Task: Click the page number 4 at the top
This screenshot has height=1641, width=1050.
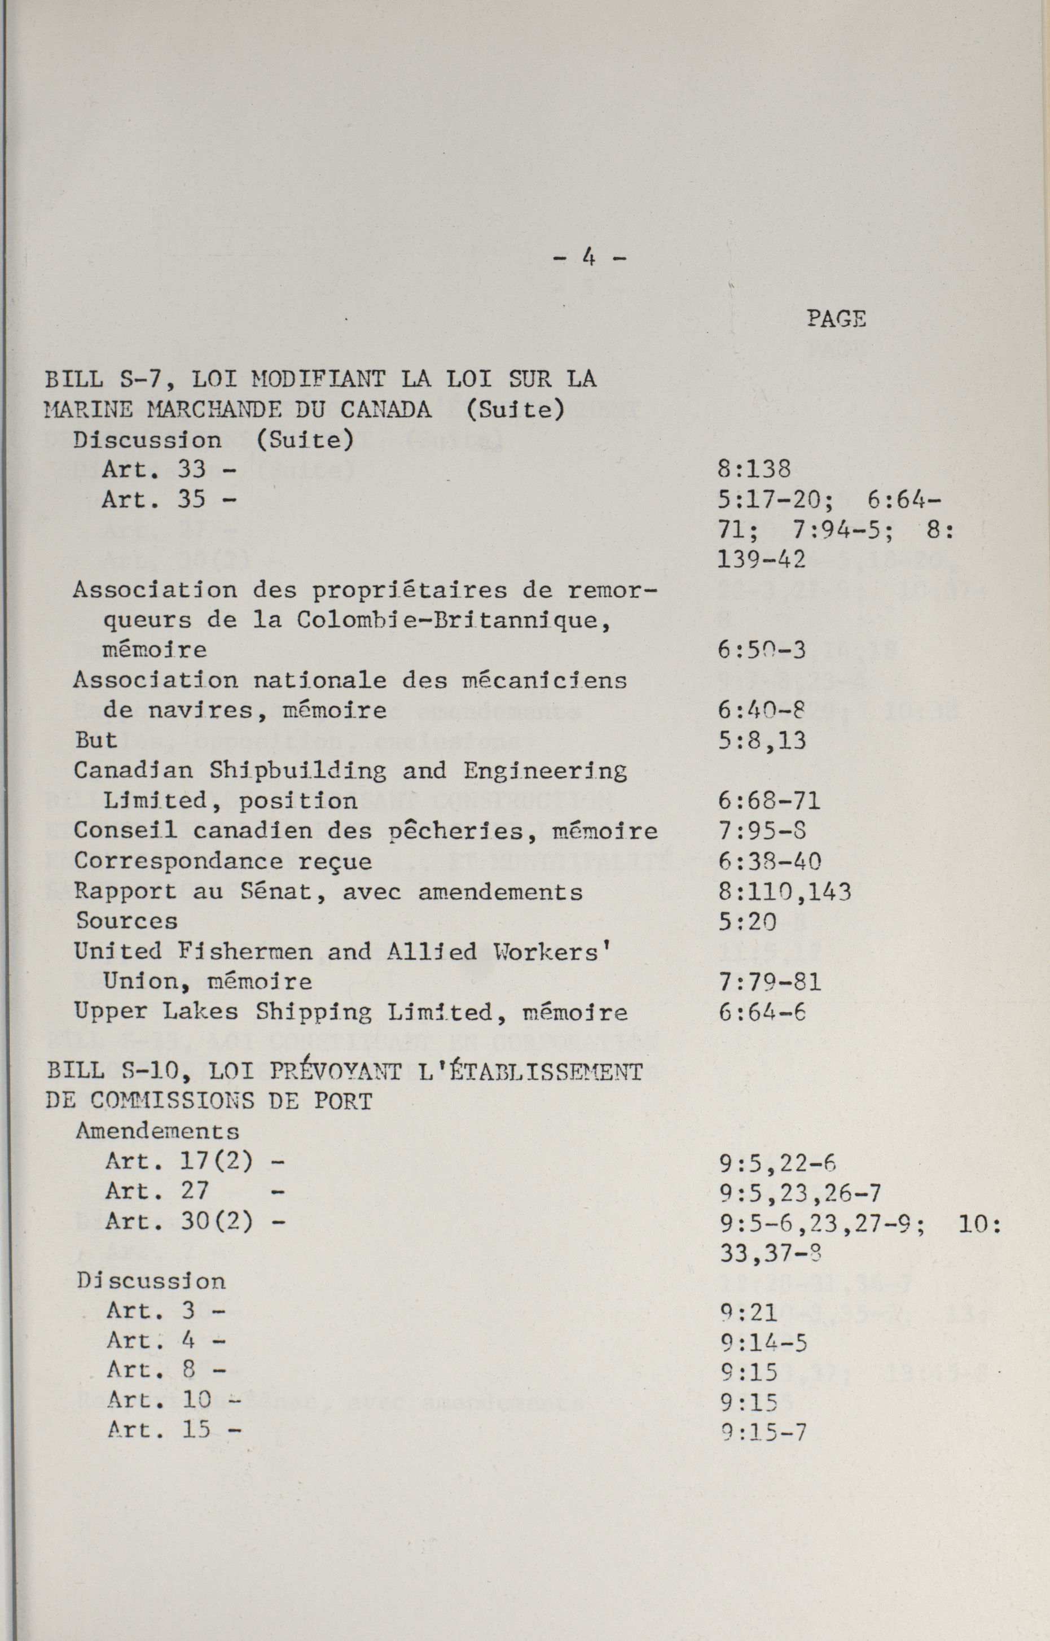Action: (588, 258)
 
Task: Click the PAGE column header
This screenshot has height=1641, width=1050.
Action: (836, 318)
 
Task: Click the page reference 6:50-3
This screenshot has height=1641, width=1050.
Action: (762, 651)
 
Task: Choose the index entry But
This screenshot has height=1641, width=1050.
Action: (95, 740)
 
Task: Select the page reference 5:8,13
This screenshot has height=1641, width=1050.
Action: (762, 741)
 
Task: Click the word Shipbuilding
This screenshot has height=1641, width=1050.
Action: (297, 771)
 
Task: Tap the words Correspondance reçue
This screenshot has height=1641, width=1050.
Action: (223, 861)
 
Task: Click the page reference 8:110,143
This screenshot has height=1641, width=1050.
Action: (784, 891)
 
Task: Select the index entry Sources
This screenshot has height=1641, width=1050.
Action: (126, 921)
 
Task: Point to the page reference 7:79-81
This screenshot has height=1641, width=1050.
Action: (769, 982)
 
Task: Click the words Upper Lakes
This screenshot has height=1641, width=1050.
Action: (156, 1012)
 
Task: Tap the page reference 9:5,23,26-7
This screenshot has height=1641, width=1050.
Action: (799, 1193)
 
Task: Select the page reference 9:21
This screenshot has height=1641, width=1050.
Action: (746, 1313)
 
